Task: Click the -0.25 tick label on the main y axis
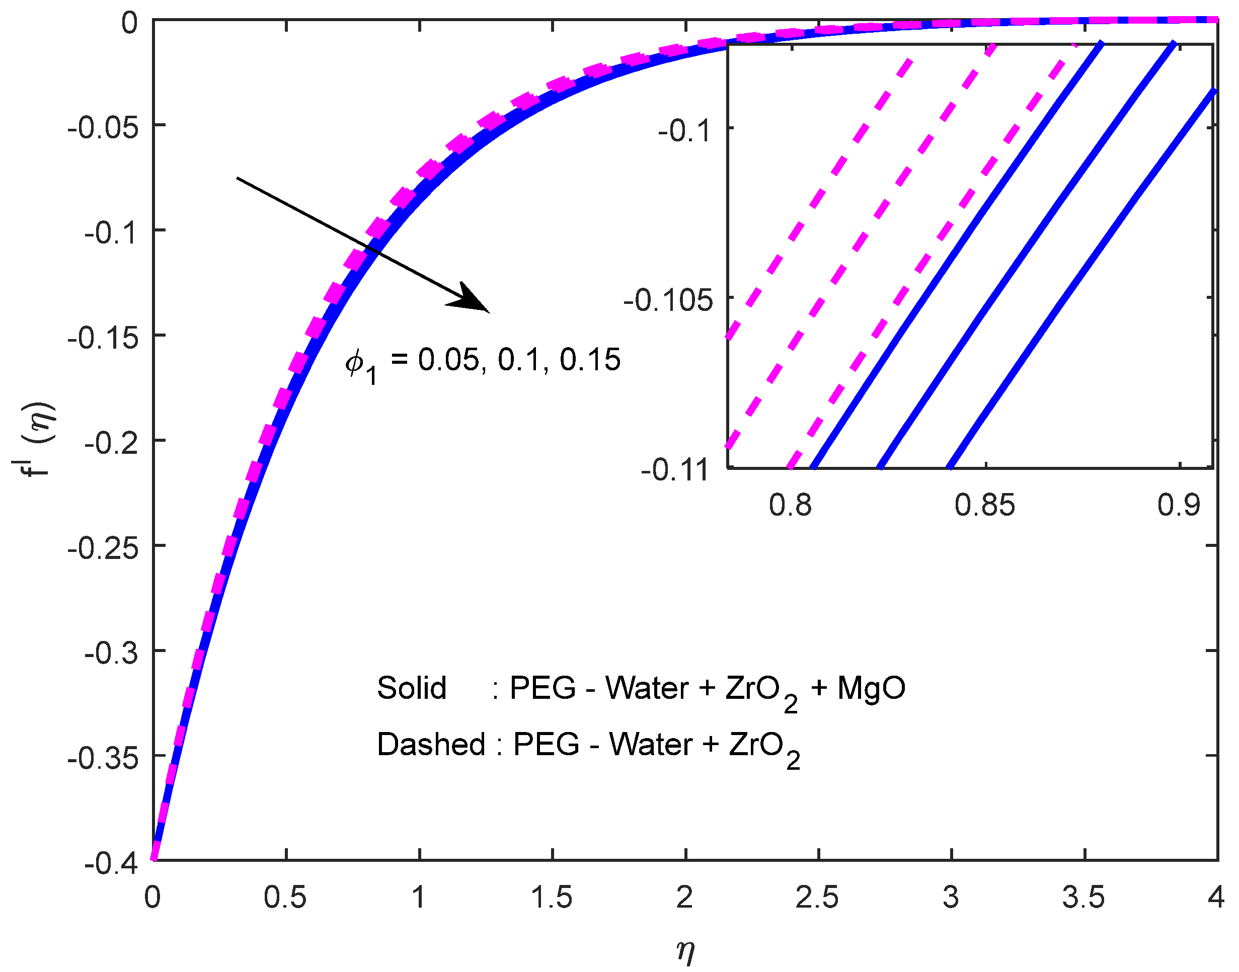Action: pyautogui.click(x=103, y=548)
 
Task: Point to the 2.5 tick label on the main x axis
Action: pyautogui.click(x=817, y=898)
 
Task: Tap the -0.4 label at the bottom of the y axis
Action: pyautogui.click(x=112, y=864)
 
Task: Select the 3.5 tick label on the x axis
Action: pyautogui.click(x=1083, y=898)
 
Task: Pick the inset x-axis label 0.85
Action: pyautogui.click(x=984, y=505)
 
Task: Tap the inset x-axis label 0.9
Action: pyautogui.click(x=1179, y=505)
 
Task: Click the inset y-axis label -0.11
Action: pyautogui.click(x=675, y=470)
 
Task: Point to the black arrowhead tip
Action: pyautogui.click(x=488, y=311)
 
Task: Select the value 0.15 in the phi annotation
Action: pyautogui.click(x=590, y=360)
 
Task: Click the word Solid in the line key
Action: pyautogui.click(x=412, y=688)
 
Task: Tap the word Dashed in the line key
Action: pyautogui.click(x=431, y=745)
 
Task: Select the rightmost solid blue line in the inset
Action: pyautogui.click(x=1081, y=279)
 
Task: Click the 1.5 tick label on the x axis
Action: pyautogui.click(x=552, y=898)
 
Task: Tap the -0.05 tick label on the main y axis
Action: pyautogui.click(x=103, y=127)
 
